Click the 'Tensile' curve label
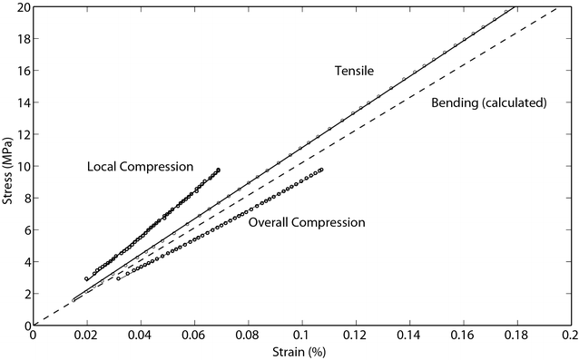pyautogui.click(x=353, y=71)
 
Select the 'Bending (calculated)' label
pyautogui.click(x=488, y=102)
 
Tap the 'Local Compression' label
pyautogui.click(x=141, y=167)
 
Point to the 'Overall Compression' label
pyautogui.click(x=307, y=222)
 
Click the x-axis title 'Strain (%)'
pyautogui.click(x=300, y=352)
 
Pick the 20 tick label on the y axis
pyautogui.click(x=21, y=7)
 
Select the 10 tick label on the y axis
pyautogui.click(x=21, y=166)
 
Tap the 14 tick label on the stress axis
pyautogui.click(x=21, y=102)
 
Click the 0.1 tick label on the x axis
pyautogui.click(x=301, y=335)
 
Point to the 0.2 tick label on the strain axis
pyautogui.click(x=569, y=335)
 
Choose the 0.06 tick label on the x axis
pyautogui.click(x=194, y=335)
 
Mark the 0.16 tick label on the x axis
pyautogui.click(x=463, y=335)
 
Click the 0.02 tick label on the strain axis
pyautogui.click(x=86, y=335)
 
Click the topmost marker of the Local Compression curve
pyautogui.click(x=219, y=170)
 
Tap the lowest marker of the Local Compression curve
pyautogui.click(x=87, y=279)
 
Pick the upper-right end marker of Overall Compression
pyautogui.click(x=321, y=170)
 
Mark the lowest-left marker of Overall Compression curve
pyautogui.click(x=118, y=278)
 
